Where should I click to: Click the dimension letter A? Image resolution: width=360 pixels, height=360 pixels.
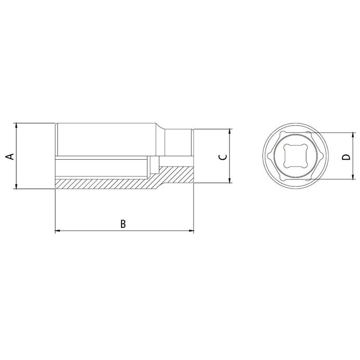9,156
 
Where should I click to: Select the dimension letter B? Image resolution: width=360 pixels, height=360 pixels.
124,224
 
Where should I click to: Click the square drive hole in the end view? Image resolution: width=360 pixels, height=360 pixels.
295,156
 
